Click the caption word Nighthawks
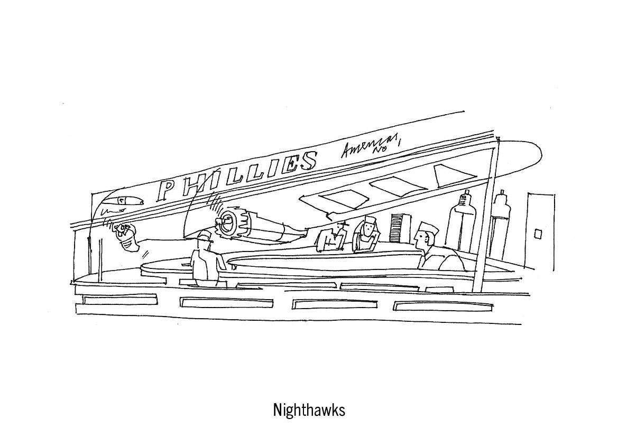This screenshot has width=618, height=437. [x=309, y=410]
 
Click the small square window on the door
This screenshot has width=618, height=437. [x=538, y=233]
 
